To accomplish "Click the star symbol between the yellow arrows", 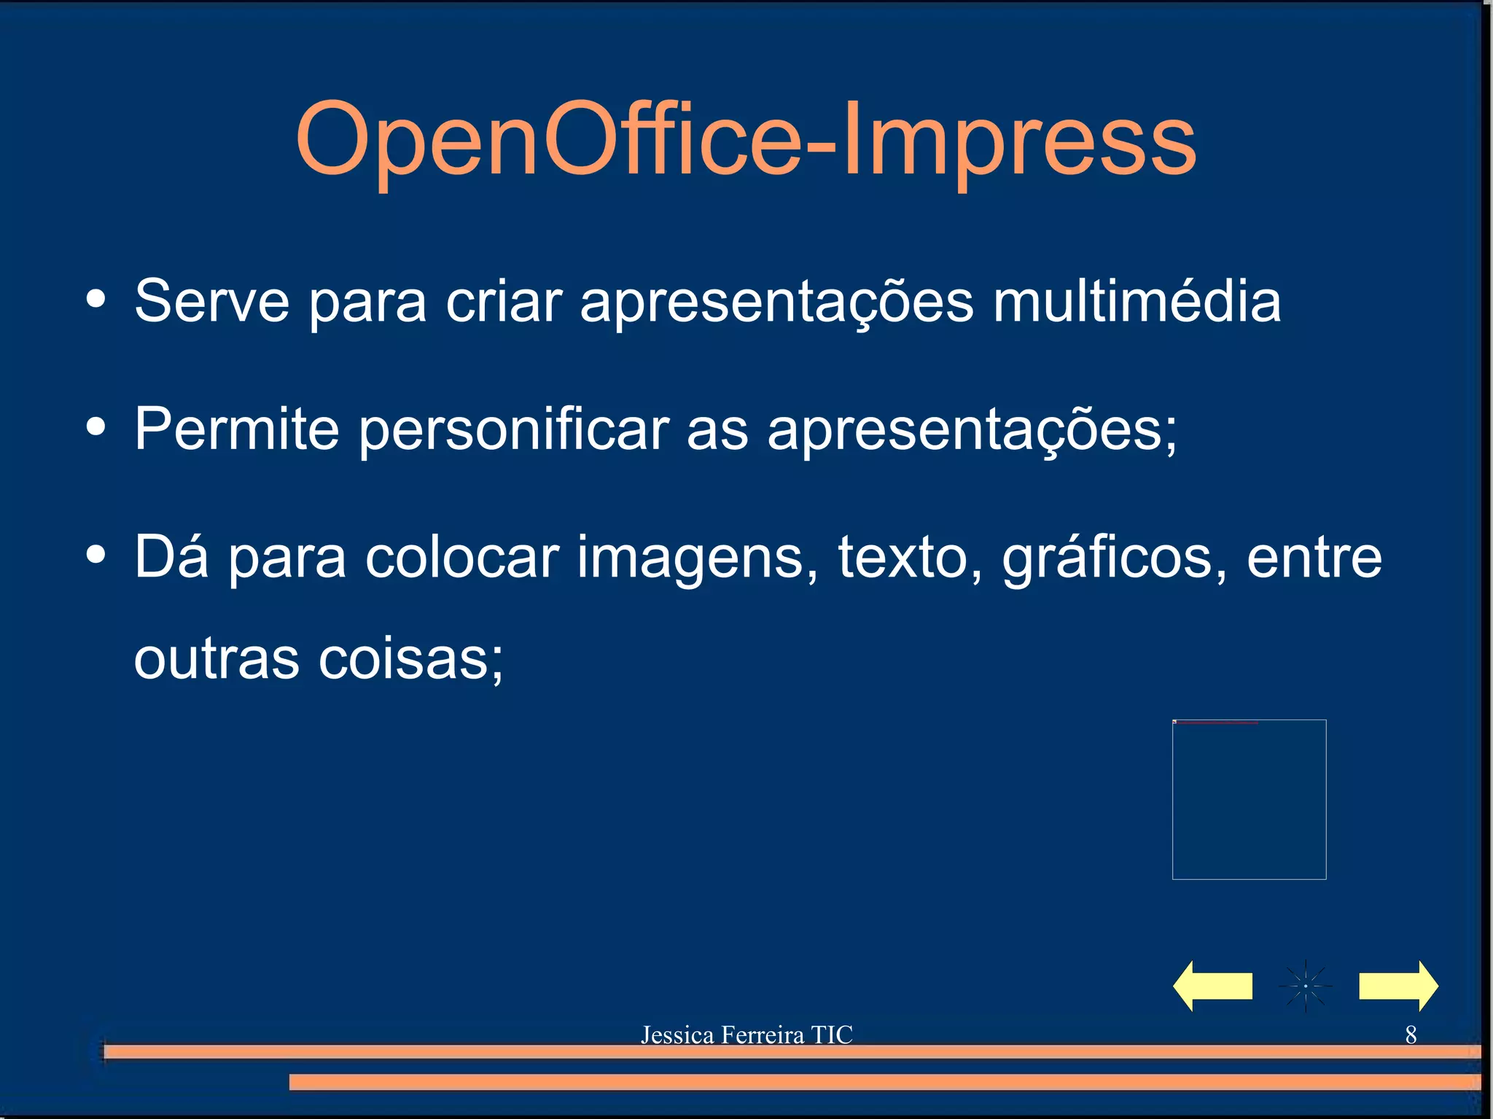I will coord(1305,986).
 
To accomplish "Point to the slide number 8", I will coord(1411,1034).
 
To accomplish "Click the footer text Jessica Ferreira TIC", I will coord(746,1034).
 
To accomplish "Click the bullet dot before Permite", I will coord(95,426).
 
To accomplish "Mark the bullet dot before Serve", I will coord(95,298).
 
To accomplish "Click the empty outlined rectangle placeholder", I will coord(1249,800).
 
